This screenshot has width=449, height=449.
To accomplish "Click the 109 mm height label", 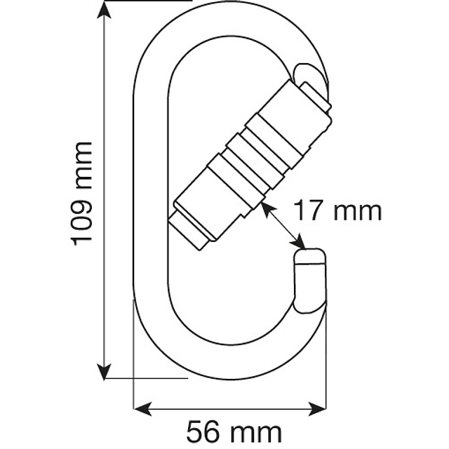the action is coord(81,194).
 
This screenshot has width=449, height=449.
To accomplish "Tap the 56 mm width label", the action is coord(234,431).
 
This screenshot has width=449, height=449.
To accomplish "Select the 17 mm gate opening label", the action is coord(338,211).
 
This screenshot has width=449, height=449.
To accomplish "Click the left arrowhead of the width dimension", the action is coord(142,409).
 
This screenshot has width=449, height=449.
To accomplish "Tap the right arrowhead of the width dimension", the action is coord(317,409).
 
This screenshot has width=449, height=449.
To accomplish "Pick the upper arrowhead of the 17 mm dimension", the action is coord(267,208).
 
